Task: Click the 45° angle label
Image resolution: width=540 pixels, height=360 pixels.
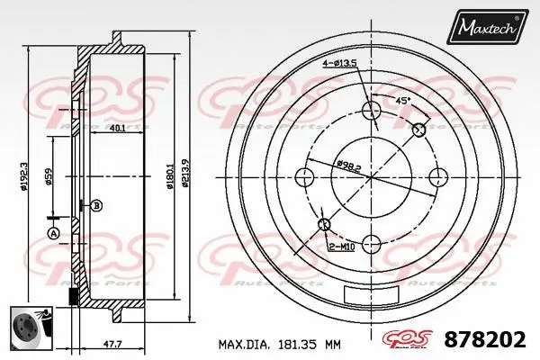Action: pos(403,100)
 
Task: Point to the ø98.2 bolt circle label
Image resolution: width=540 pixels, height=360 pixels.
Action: pos(346,166)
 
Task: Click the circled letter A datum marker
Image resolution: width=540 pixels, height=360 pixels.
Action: pos(53,234)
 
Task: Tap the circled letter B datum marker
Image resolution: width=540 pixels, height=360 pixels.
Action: pos(97,205)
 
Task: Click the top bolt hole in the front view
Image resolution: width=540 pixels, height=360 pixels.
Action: pos(371,111)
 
